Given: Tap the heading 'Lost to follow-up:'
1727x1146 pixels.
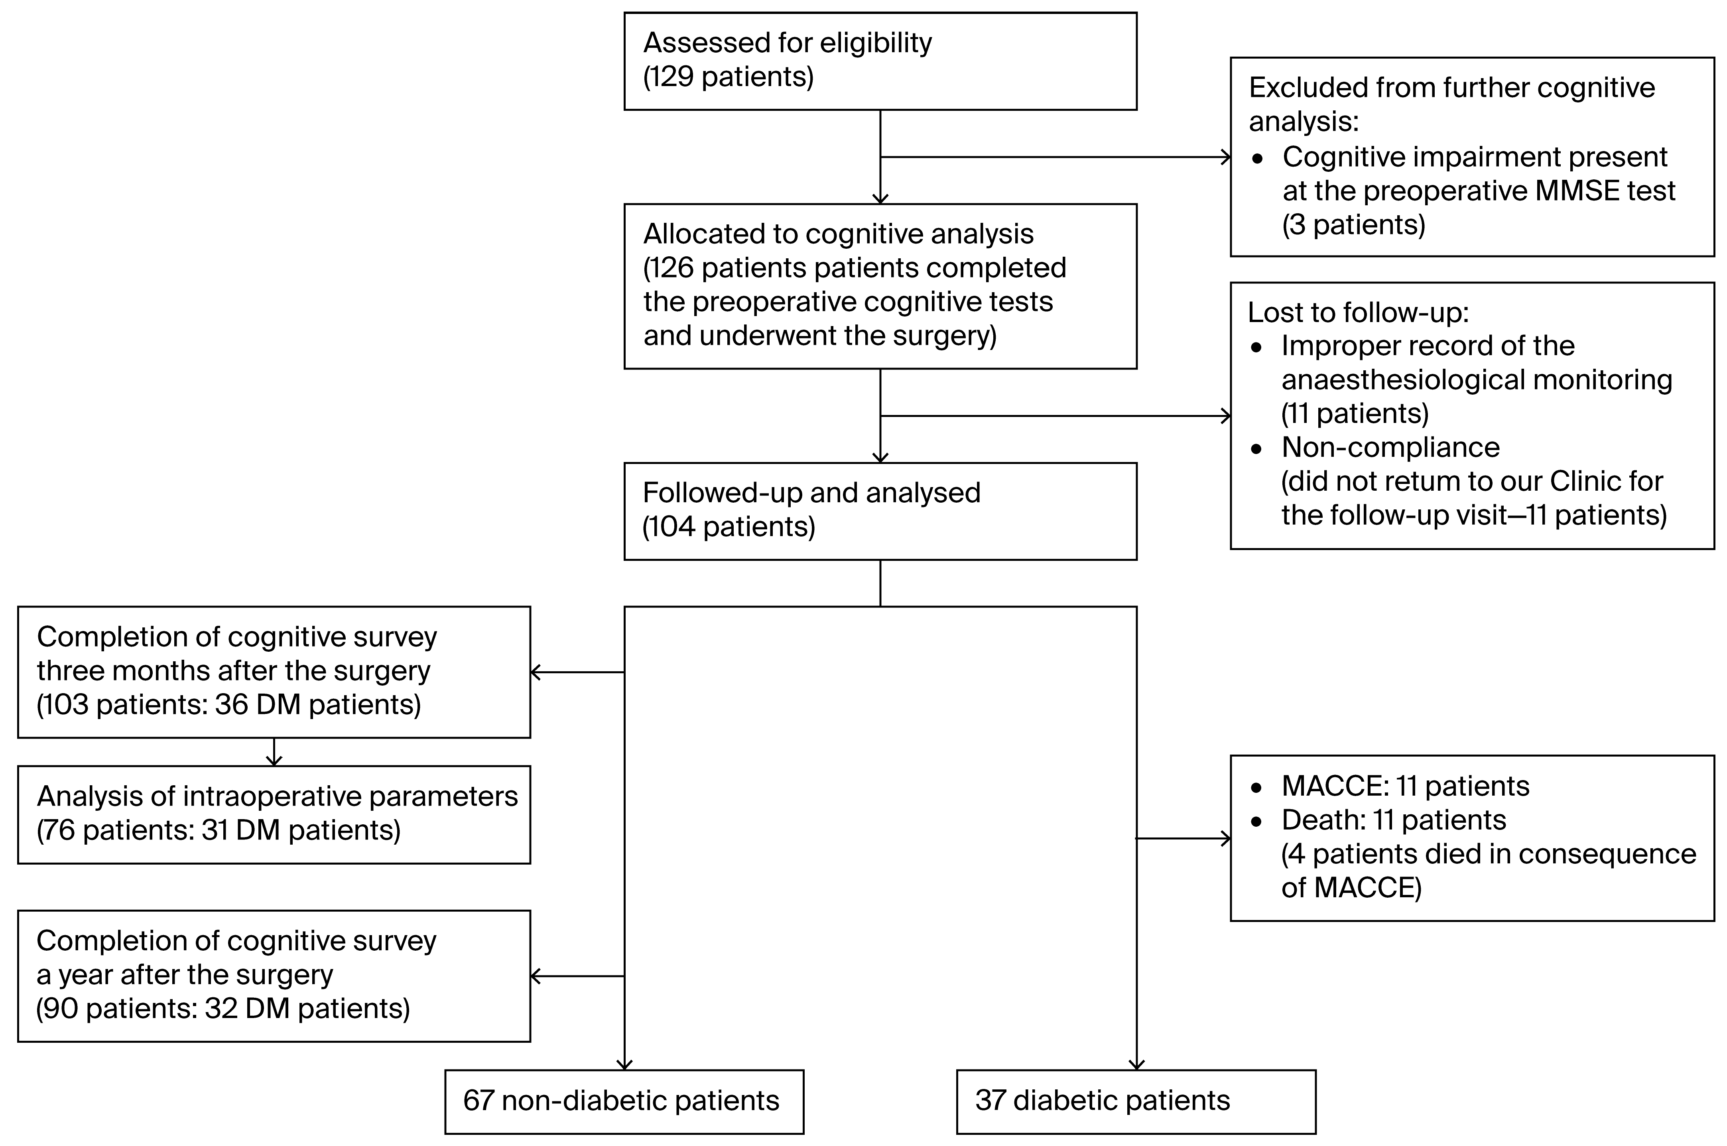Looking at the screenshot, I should [x=1358, y=312].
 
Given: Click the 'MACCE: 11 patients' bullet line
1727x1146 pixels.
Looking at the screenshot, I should [x=1404, y=786].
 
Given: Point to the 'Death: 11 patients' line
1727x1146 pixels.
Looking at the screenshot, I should [x=1393, y=820].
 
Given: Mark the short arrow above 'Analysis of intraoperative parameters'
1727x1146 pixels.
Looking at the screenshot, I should [x=274, y=753].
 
